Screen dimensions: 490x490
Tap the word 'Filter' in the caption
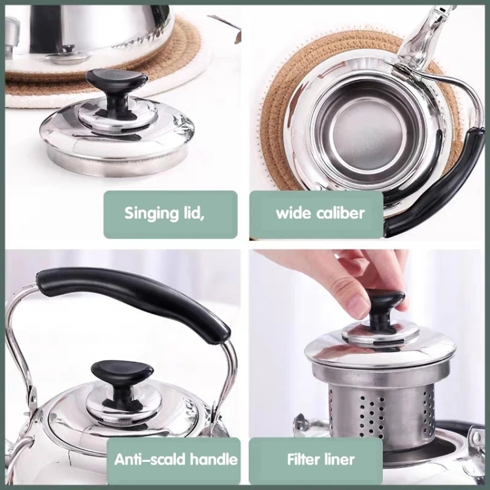pyautogui.click(x=302, y=459)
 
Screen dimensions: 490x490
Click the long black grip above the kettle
pyautogui.click(x=131, y=294)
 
